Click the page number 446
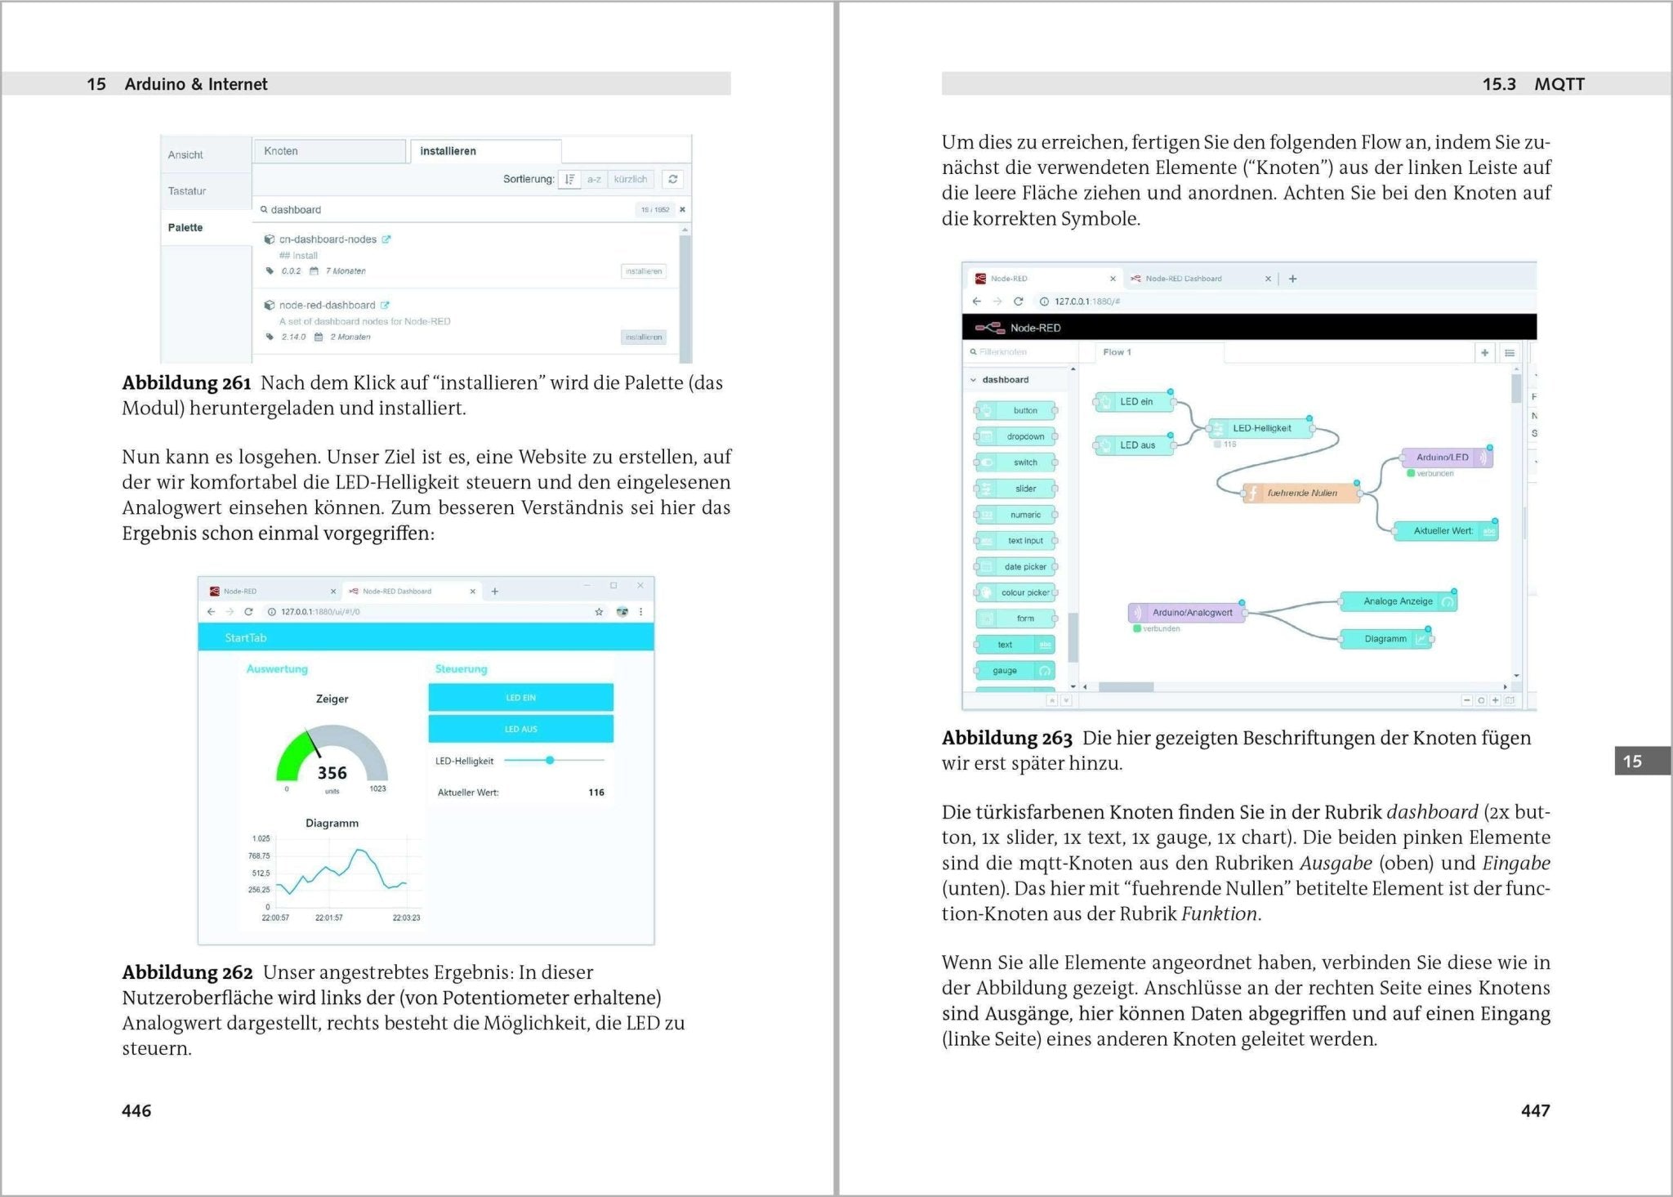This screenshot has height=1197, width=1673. click(136, 1110)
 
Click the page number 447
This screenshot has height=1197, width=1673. click(1535, 1110)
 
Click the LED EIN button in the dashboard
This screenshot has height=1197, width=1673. click(520, 698)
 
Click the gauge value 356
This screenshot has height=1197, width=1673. click(332, 773)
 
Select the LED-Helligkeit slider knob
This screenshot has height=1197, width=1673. click(550, 761)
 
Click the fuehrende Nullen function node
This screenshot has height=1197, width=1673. click(1301, 494)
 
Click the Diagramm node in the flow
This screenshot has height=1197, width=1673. click(1386, 639)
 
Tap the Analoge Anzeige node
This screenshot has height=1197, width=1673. click(1398, 601)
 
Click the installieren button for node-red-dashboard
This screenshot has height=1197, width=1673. click(644, 337)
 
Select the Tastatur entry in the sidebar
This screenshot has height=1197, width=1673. click(187, 191)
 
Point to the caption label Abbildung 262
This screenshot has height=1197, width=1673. click(187, 972)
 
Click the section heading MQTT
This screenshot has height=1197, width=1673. click(1559, 84)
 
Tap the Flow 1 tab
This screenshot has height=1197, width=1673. click(1117, 352)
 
